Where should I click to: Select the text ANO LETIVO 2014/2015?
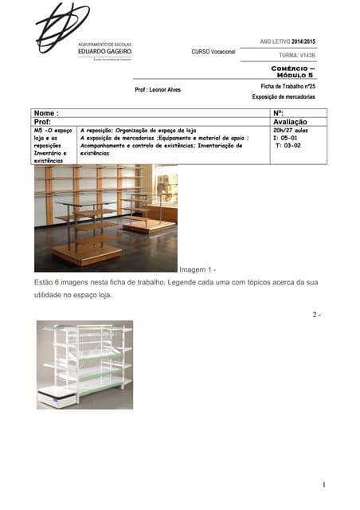coord(288,41)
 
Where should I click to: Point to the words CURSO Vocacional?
coord(213,52)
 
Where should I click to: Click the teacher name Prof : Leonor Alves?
coord(158,89)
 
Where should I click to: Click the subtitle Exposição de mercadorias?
coord(284,96)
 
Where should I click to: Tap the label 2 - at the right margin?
coord(316,316)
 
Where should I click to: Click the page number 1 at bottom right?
coord(324,484)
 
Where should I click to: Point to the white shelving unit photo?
coord(84,364)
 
